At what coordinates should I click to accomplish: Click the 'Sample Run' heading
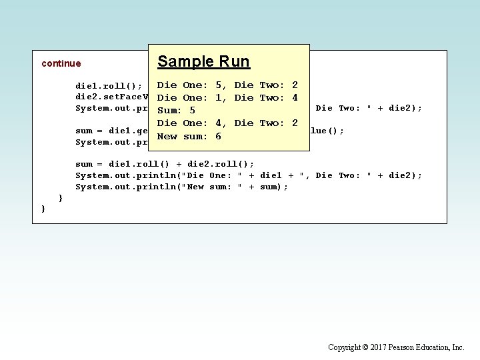(x=203, y=62)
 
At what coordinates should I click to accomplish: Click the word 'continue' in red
(x=61, y=64)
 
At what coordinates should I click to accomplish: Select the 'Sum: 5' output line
(x=176, y=111)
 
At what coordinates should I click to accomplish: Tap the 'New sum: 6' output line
(x=189, y=136)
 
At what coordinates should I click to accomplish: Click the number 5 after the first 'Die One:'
(x=219, y=85)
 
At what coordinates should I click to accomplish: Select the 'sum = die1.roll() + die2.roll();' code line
(x=165, y=164)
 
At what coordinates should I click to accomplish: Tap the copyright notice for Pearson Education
(x=396, y=347)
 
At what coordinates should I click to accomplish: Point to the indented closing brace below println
(x=61, y=198)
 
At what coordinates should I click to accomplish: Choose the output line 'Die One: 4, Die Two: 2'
(x=227, y=123)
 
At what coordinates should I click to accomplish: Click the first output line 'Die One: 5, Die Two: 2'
(x=227, y=85)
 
